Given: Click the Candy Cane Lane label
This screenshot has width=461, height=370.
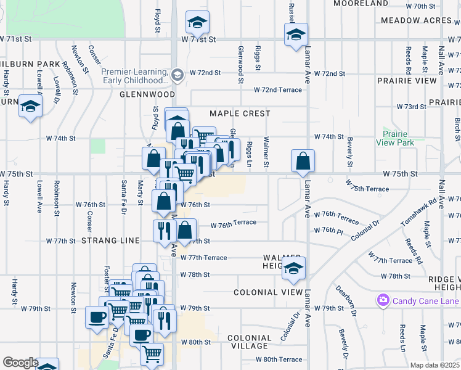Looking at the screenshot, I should tap(426, 301).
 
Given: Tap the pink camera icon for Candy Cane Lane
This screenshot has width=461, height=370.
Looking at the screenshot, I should tap(383, 301).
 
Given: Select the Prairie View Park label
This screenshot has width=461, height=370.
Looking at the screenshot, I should tap(398, 138).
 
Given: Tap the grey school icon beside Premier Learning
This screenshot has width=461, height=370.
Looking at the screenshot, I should tap(177, 75).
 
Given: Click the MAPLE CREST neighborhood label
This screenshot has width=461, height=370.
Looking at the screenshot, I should tap(240, 113).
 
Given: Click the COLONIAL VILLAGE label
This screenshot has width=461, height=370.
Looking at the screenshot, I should tap(249, 342).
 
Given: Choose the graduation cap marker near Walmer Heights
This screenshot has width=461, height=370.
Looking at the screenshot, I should tap(294, 269).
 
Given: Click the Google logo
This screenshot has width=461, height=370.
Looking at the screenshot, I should tap(20, 363).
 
